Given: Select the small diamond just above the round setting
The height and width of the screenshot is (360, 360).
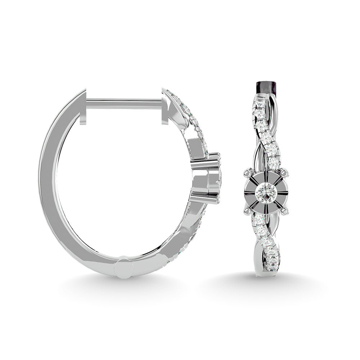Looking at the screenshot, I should (274, 164).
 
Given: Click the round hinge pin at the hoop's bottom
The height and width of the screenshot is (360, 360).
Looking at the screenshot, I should (124, 267).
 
